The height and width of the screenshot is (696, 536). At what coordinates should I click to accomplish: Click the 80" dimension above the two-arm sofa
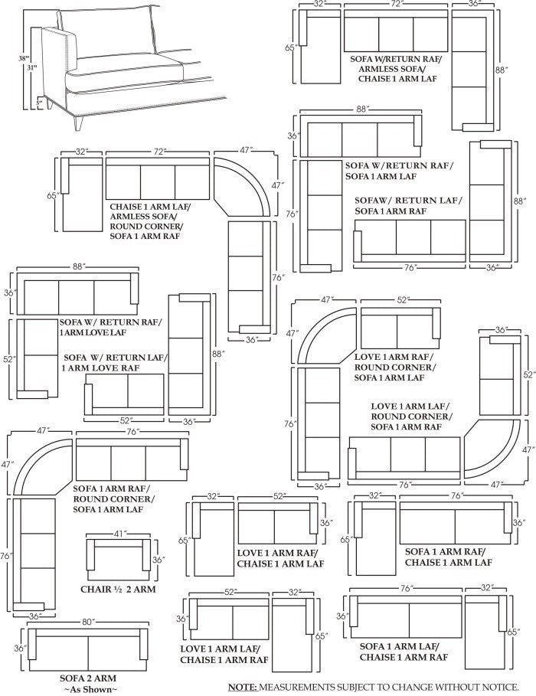pos(88,621)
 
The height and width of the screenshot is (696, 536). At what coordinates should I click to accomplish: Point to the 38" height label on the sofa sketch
pos(24,57)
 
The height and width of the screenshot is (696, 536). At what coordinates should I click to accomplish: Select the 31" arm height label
pos(31,68)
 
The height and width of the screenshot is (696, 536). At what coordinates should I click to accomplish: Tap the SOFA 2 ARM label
pos(89,678)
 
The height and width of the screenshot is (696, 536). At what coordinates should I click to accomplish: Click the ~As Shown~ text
pos(89,689)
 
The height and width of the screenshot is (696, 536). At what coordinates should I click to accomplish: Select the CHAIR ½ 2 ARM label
pos(119,589)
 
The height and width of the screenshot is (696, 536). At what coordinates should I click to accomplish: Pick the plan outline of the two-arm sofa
pos(88,649)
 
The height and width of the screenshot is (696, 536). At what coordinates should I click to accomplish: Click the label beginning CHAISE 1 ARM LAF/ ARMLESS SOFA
pos(151,221)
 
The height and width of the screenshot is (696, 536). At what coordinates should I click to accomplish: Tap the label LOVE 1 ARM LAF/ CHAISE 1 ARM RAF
pos(224,654)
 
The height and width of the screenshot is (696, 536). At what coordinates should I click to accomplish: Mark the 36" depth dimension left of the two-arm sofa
pos(21,649)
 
